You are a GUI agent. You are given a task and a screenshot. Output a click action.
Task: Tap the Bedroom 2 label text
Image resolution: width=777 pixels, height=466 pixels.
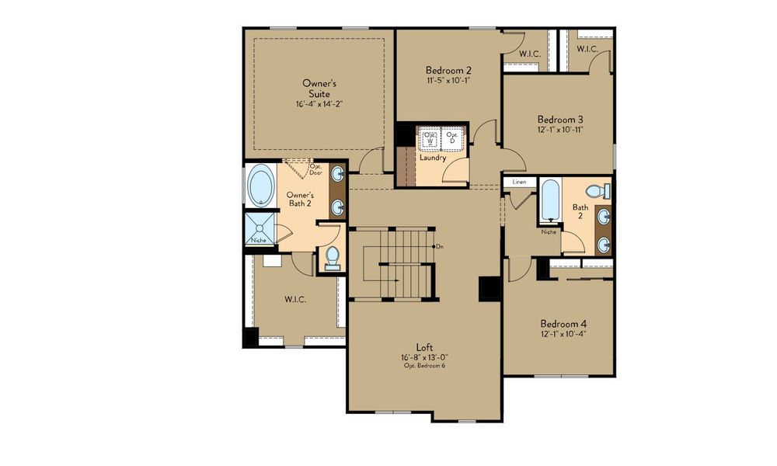[448, 69]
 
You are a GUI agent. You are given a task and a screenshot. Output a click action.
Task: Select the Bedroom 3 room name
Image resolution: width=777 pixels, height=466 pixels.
[560, 120]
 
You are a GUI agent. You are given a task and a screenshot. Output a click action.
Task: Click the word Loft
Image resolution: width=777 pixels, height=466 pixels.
[423, 347]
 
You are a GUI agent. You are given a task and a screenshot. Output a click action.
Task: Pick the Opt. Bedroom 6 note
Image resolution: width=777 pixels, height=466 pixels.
[423, 366]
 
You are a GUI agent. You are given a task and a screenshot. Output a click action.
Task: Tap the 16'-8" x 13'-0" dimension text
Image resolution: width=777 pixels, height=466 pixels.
[423, 357]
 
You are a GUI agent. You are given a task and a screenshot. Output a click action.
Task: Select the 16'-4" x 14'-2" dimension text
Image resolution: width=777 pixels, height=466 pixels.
[319, 103]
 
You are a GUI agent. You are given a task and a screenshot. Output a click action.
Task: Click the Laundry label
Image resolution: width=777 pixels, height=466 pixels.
[432, 158]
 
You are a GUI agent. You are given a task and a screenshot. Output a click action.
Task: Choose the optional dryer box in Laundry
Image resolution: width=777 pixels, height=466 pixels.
[452, 138]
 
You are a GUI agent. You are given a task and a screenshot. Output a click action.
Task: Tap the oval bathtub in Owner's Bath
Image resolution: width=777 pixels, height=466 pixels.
[260, 186]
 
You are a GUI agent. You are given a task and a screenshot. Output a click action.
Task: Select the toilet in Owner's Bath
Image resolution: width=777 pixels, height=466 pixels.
[332, 257]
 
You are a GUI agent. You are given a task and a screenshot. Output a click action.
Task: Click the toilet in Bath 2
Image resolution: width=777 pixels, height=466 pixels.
[598, 190]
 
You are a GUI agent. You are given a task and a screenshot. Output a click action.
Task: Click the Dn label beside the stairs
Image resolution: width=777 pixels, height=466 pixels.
[440, 247]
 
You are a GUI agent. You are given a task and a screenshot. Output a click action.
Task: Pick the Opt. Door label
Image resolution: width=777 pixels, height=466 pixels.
[315, 169]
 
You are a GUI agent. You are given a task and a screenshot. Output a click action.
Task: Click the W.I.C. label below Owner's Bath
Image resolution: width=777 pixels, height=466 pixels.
[295, 298]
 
